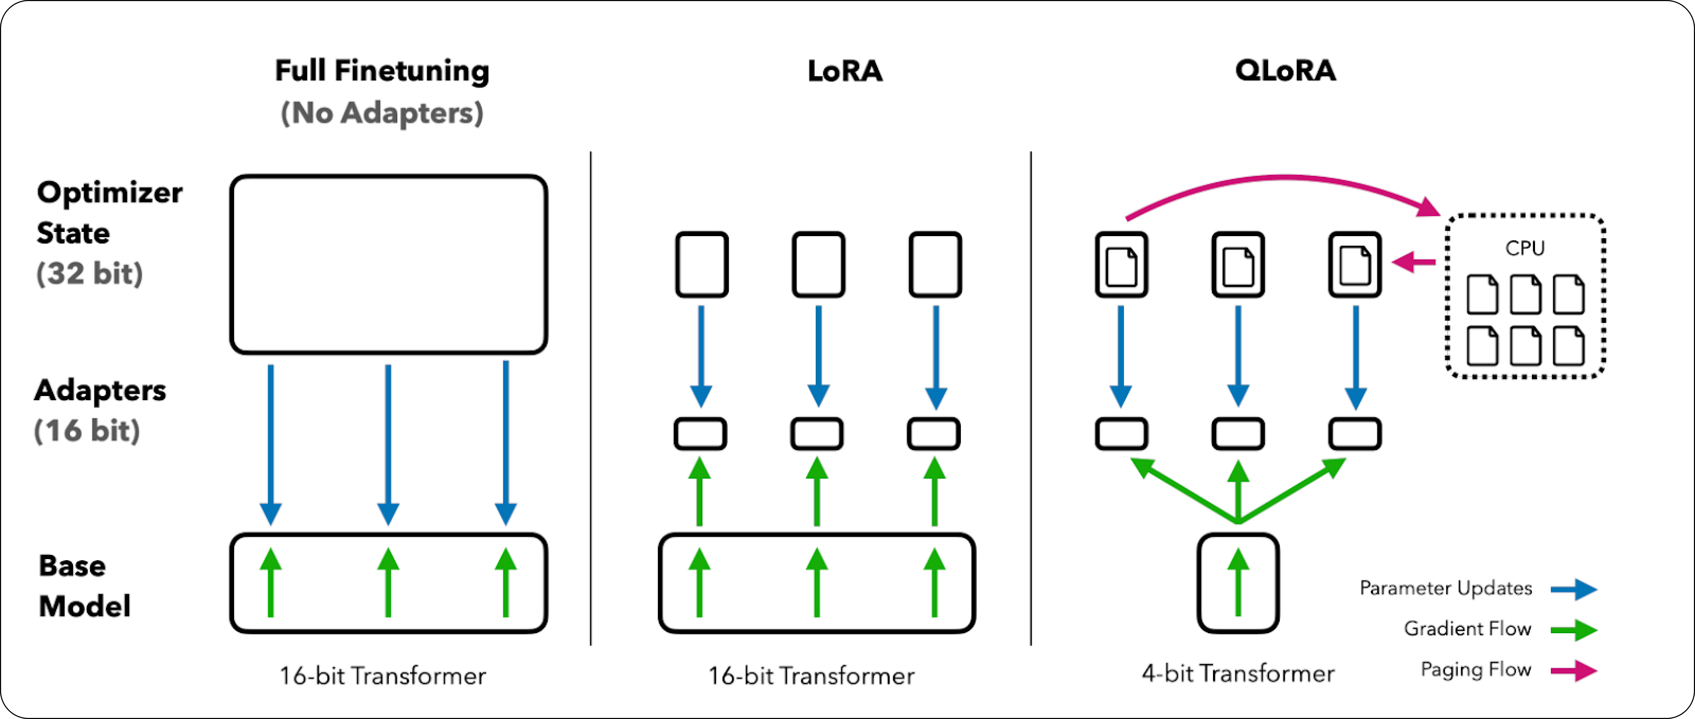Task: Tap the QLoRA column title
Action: pos(1285,70)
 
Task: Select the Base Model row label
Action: pos(84,586)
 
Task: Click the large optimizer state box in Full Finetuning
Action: pos(388,264)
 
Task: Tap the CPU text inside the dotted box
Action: pos(1525,248)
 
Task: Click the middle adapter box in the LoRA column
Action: pos(817,434)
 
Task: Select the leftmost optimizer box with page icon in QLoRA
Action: pos(1121,264)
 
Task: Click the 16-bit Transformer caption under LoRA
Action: pos(811,676)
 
